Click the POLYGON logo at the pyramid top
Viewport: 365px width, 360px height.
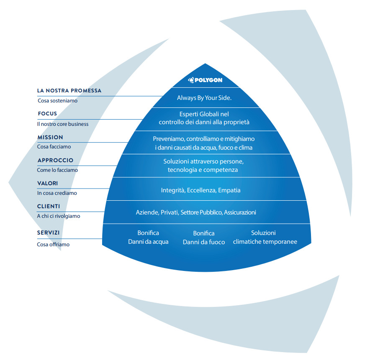205,80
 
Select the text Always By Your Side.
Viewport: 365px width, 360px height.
204,97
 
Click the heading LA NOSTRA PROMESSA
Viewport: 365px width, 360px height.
69,91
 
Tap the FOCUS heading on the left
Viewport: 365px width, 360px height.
47,114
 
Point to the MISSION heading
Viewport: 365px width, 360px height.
50,137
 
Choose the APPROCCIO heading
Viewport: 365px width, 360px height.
55,160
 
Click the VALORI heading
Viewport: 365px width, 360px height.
48,183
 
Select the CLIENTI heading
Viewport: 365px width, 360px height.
49,206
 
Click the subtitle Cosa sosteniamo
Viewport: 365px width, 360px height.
57,101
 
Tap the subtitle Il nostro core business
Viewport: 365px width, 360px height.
63,124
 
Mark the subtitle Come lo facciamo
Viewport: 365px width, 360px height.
57,170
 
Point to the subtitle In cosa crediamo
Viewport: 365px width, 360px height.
57,193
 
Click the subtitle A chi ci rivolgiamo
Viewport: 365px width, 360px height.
59,216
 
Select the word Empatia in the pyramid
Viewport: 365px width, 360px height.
230,190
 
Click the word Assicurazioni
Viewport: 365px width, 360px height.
240,212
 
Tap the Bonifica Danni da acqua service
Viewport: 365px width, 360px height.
148,237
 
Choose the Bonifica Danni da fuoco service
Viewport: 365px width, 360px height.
204,238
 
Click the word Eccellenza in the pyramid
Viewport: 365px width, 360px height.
202,190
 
